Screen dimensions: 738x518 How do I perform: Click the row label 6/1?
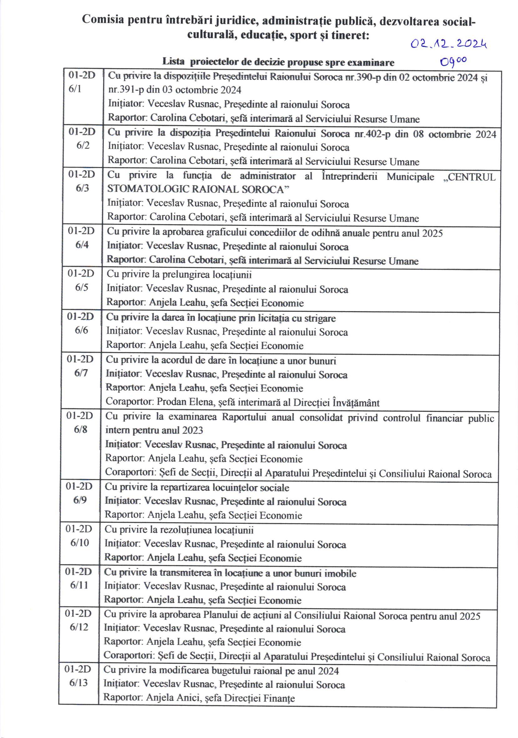[75, 89]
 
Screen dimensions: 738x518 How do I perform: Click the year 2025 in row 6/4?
[433, 233]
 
